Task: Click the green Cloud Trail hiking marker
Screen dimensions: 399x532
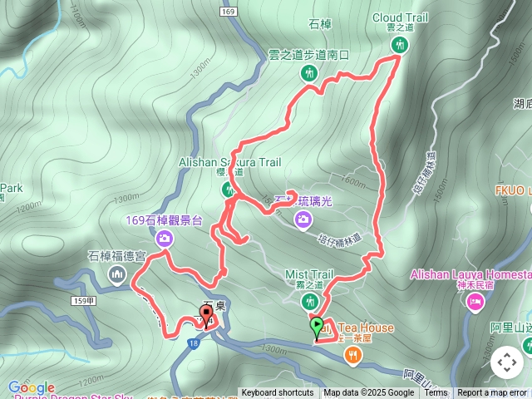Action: (x=399, y=46)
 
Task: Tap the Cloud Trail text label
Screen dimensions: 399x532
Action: (x=399, y=17)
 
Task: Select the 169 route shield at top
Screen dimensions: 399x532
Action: (x=229, y=12)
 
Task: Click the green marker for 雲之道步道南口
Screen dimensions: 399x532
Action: (x=308, y=73)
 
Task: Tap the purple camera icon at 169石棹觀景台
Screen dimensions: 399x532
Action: (x=165, y=239)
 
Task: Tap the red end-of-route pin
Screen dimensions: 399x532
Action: (x=205, y=314)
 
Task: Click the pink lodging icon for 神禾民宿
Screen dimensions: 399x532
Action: (x=475, y=304)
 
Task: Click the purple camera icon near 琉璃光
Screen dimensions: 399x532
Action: (x=304, y=219)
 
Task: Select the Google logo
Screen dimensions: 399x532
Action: (x=31, y=387)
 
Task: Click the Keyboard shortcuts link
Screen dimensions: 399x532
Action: (x=278, y=393)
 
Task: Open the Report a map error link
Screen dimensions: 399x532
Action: (x=493, y=393)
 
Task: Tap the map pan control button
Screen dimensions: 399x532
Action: (x=506, y=362)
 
